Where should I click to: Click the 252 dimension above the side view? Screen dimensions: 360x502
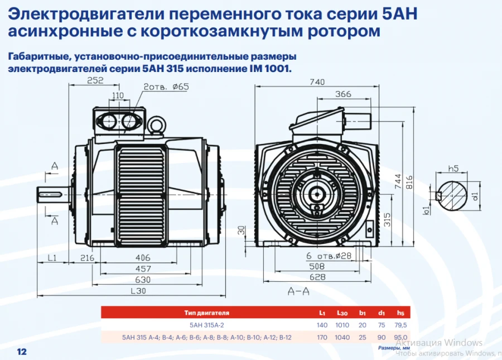[x=95, y=81]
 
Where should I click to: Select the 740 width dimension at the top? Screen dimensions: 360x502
[x=317, y=81]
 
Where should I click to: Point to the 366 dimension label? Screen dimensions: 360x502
[x=344, y=93]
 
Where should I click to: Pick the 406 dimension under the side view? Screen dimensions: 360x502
[x=143, y=258]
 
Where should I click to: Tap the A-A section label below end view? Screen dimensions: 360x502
[x=298, y=291]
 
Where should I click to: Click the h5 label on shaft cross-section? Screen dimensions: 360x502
[x=453, y=168]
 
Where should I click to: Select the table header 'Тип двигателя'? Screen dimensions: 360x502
[x=207, y=313]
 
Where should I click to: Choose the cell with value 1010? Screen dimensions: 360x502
[x=342, y=325]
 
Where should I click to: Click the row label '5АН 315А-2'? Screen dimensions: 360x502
[x=207, y=325]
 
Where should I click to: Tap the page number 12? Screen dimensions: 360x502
[x=22, y=352]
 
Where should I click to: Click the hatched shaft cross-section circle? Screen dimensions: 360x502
[x=452, y=196]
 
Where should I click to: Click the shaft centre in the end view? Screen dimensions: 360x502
[x=317, y=194]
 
